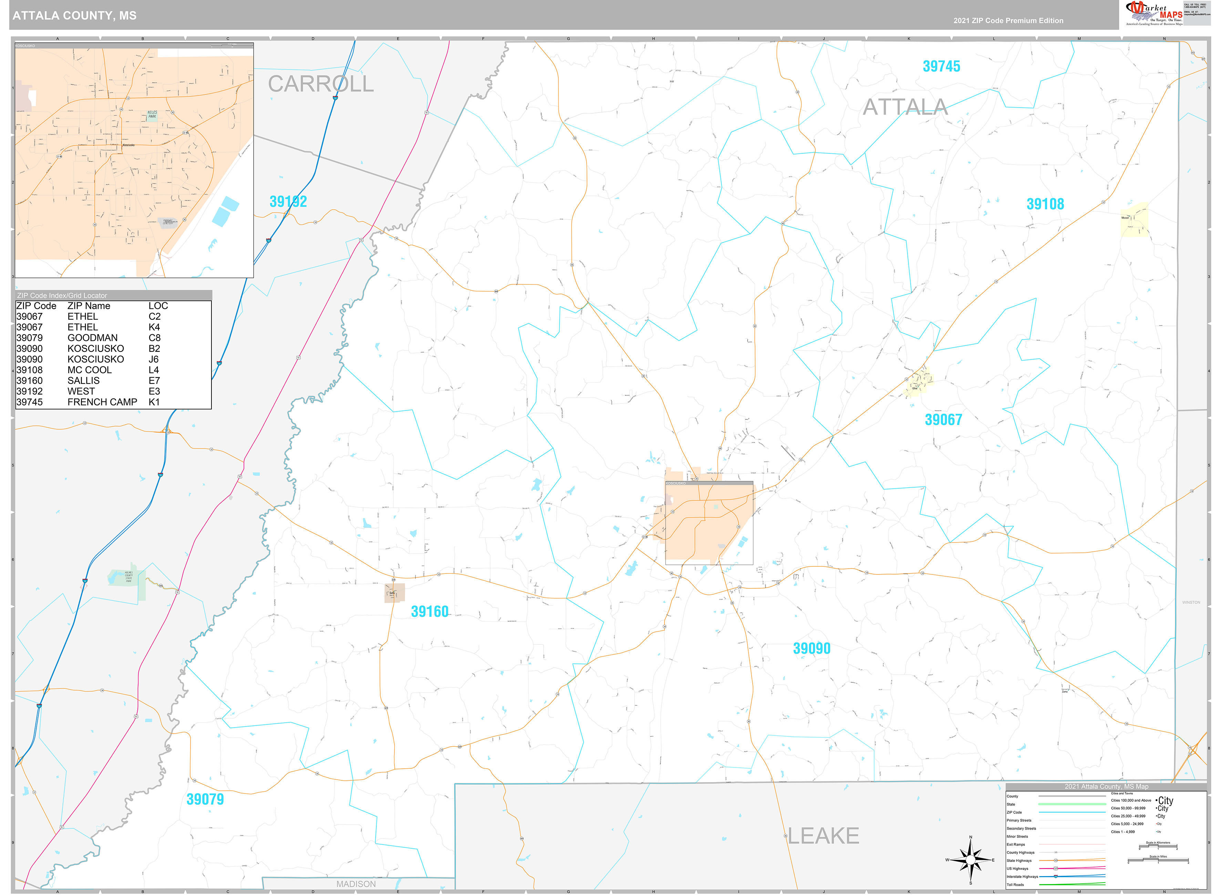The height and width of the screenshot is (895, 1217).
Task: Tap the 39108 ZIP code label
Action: pos(1045,204)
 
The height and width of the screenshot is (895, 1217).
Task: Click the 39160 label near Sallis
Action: pos(429,612)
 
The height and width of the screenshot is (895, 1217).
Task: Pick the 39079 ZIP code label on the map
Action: pos(205,799)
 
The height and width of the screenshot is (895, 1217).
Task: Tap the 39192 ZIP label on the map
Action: pos(288,201)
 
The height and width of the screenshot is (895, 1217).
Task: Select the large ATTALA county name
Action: pos(905,107)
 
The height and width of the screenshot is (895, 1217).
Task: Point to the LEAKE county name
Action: pos(823,836)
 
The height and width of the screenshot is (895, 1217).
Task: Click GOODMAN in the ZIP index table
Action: pos(92,338)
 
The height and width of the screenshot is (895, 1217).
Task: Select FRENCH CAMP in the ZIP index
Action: pos(102,402)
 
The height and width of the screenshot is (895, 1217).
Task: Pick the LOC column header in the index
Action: pos(158,306)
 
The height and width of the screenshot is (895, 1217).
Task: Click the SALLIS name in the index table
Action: pos(83,380)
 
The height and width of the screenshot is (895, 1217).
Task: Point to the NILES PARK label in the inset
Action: pos(152,114)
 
